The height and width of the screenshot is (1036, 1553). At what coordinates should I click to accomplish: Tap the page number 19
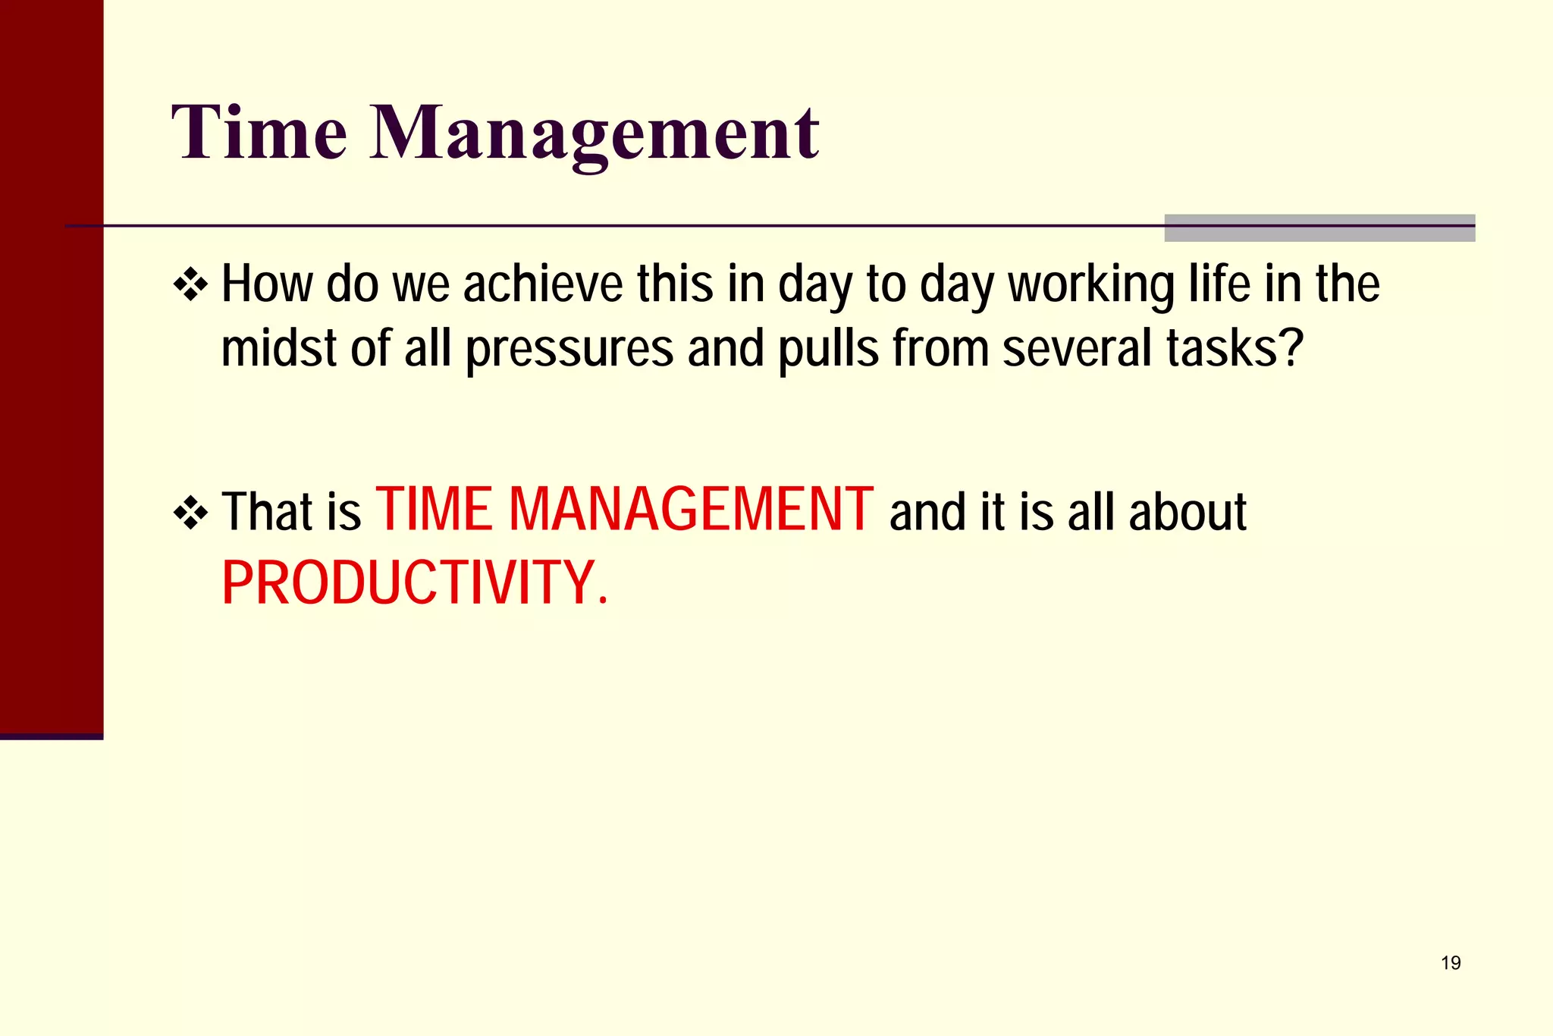coord(1450,963)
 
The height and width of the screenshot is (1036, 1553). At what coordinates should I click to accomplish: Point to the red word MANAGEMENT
coord(690,510)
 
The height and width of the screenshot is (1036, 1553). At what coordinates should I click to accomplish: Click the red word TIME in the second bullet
coord(434,510)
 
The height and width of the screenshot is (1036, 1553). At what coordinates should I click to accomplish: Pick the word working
coord(1090,287)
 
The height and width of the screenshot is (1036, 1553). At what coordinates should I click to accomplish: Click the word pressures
coord(569,350)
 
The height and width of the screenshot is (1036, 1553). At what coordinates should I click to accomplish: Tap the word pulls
coord(828,350)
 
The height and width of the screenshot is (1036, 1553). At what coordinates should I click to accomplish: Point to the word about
coord(1187,513)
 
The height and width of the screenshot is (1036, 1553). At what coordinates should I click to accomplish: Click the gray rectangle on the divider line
coord(1319,228)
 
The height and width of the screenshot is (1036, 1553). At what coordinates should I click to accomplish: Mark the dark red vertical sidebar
coord(51,364)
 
